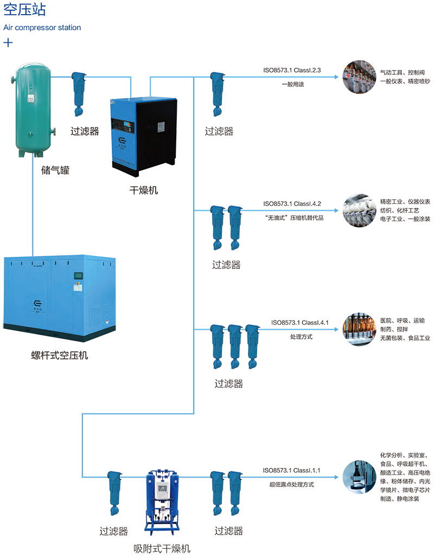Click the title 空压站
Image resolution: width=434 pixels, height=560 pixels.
pyautogui.click(x=25, y=10)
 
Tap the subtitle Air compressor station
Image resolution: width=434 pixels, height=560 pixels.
pyautogui.click(x=42, y=27)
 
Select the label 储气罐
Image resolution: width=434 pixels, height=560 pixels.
pyautogui.click(x=56, y=171)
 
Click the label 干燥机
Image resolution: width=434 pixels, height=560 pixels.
pyautogui.click(x=144, y=190)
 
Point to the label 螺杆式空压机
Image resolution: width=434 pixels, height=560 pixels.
pyautogui.click(x=60, y=356)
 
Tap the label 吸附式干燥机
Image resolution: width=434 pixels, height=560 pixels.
pyautogui.click(x=162, y=549)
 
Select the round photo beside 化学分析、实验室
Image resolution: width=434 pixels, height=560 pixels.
pyautogui.click(x=359, y=477)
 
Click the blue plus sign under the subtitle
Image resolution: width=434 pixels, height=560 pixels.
pyautogui.click(x=9, y=43)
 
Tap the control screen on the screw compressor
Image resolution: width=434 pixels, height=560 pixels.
pyautogui.click(x=77, y=276)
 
